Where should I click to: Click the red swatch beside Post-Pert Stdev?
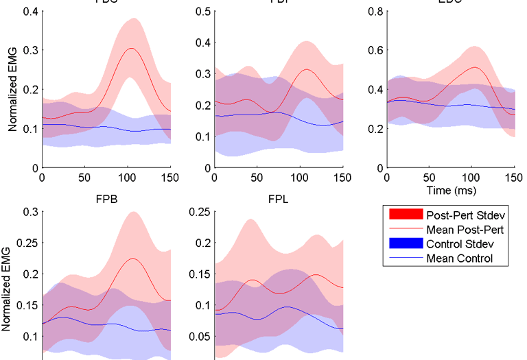402,213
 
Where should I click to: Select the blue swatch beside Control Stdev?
402,243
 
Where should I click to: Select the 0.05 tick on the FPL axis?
196,337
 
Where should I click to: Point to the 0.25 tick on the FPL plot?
196,212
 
